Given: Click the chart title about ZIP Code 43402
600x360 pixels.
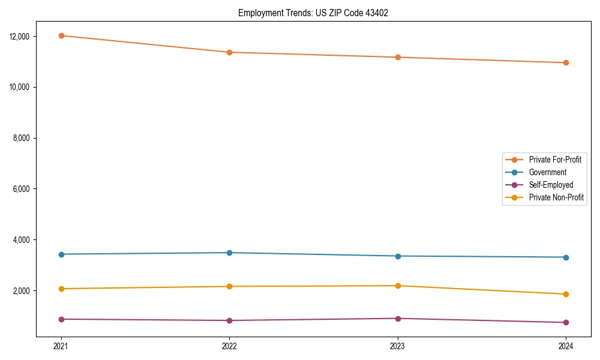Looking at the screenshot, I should pyautogui.click(x=313, y=13).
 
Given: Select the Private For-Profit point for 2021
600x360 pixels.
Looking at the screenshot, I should pyautogui.click(x=61, y=35).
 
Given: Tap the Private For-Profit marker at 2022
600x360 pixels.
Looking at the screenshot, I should pyautogui.click(x=229, y=52).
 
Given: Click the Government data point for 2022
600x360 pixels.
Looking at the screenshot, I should pyautogui.click(x=229, y=253).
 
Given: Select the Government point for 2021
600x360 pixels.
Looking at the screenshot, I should pyautogui.click(x=61, y=254).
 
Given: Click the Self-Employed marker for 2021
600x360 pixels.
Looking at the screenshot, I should pyautogui.click(x=61, y=319).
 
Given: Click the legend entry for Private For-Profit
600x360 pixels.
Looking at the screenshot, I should pyautogui.click(x=554, y=160).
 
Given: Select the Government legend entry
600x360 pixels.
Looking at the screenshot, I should pyautogui.click(x=547, y=172).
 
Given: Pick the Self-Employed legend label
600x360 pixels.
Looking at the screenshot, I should pyautogui.click(x=551, y=185).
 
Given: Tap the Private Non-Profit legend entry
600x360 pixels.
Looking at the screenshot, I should pyautogui.click(x=556, y=197).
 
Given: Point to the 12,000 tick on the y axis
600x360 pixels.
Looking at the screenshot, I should pyautogui.click(x=20, y=36).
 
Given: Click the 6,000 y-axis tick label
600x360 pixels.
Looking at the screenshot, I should pyautogui.click(x=22, y=189).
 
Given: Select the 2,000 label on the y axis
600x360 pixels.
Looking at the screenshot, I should pyautogui.click(x=22, y=291).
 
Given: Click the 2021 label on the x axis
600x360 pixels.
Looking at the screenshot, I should pyautogui.click(x=61, y=346).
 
